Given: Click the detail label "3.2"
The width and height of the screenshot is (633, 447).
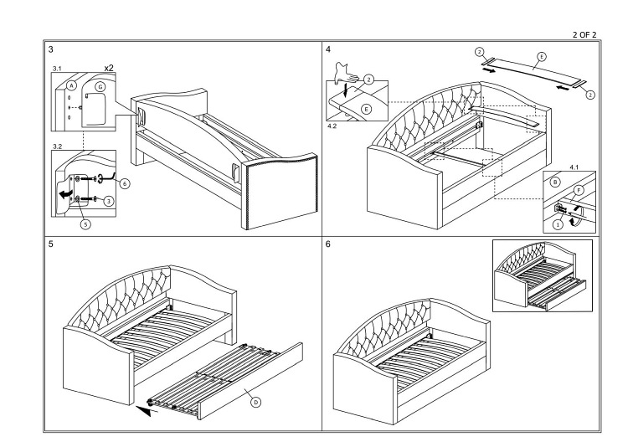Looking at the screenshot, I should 58,146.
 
